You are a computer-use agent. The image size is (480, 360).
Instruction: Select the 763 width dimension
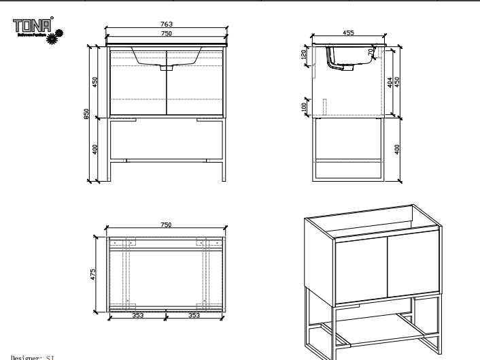(x=166, y=24)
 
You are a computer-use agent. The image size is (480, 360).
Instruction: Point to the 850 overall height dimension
(x=87, y=114)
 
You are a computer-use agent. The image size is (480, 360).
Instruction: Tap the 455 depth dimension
(x=348, y=32)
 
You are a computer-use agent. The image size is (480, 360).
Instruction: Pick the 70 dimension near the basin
(x=371, y=52)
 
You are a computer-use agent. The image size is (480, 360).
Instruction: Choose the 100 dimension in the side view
(x=304, y=106)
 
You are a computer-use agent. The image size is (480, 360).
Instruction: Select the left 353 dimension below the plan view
(x=137, y=315)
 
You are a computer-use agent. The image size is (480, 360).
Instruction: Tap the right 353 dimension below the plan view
(x=194, y=315)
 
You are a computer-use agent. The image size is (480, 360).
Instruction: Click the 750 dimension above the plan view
(x=166, y=225)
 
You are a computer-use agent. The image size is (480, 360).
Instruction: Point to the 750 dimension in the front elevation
(x=166, y=33)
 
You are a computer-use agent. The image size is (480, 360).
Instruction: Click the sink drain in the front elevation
(x=167, y=68)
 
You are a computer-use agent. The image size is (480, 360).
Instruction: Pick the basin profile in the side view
(x=350, y=57)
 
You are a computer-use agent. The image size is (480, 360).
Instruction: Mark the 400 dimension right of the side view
(x=398, y=148)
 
